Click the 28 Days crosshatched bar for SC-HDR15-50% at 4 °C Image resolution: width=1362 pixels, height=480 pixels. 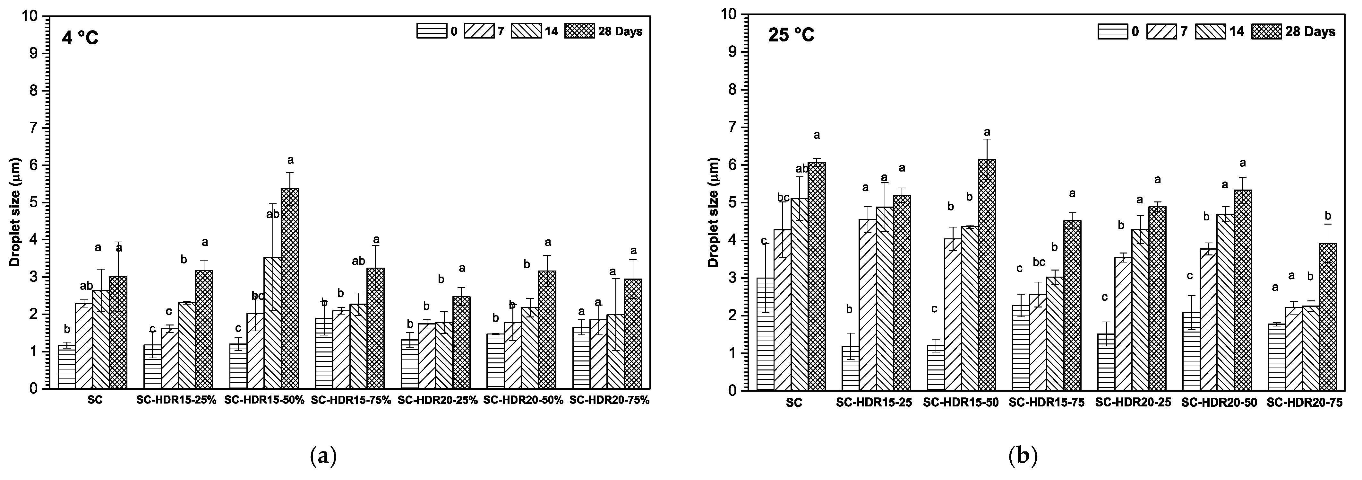coord(290,289)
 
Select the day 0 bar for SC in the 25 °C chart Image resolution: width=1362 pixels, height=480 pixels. coord(765,334)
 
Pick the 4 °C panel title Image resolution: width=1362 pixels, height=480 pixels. coord(80,38)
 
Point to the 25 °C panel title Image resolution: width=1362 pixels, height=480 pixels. coord(792,35)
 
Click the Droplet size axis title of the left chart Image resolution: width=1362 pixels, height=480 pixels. coord(15,212)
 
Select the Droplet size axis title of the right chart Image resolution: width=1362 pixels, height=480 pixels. coord(713,212)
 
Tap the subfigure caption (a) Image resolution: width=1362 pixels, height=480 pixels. coord(323,456)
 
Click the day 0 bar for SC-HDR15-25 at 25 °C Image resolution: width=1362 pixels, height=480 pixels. coord(850,368)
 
